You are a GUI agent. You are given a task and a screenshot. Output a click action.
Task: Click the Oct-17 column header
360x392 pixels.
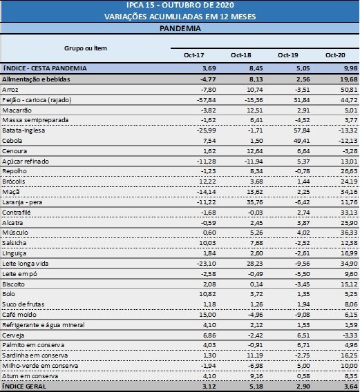click(x=193, y=55)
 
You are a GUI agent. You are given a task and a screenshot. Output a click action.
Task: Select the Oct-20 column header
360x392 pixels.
click(x=335, y=55)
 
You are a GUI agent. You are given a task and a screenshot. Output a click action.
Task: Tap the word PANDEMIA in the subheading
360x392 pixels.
click(x=180, y=28)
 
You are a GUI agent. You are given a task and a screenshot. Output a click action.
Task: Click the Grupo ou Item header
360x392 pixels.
click(x=86, y=48)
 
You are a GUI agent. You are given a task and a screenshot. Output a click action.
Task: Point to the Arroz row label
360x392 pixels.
click(x=10, y=90)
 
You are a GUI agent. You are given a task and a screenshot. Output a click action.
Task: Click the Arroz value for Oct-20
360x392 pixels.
click(x=349, y=90)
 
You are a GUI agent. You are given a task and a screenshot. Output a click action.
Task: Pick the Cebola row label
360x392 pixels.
click(x=12, y=141)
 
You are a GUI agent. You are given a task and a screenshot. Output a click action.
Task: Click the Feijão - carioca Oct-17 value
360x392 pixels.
click(x=207, y=100)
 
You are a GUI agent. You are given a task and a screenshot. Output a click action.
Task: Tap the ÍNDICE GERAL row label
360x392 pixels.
click(x=24, y=386)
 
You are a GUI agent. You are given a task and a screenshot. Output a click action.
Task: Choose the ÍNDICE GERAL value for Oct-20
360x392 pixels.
click(x=351, y=386)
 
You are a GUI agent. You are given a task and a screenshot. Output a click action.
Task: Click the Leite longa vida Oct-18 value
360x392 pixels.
click(x=254, y=264)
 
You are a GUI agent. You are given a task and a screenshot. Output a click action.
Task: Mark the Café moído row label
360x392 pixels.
click(x=19, y=315)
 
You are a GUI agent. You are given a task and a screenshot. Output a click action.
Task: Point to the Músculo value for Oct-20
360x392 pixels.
click(x=349, y=233)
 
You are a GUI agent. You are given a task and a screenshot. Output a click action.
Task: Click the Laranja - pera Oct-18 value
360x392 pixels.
click(x=254, y=202)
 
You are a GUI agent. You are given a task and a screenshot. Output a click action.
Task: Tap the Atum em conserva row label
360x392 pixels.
click(x=30, y=376)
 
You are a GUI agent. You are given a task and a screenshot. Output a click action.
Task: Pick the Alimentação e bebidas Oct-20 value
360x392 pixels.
click(x=349, y=79)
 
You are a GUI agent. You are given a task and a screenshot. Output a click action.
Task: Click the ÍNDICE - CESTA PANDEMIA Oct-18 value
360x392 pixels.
click(x=256, y=68)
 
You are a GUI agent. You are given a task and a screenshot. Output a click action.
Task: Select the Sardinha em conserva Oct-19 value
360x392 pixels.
click(x=302, y=355)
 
